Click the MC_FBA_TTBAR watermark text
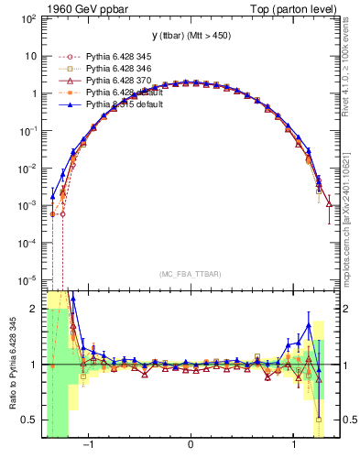[x=190, y=274]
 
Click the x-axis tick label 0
[x=190, y=446]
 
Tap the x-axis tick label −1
[x=89, y=446]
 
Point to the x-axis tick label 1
[x=293, y=446]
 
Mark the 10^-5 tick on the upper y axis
[x=28, y=279]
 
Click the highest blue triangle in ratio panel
[x=72, y=298]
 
